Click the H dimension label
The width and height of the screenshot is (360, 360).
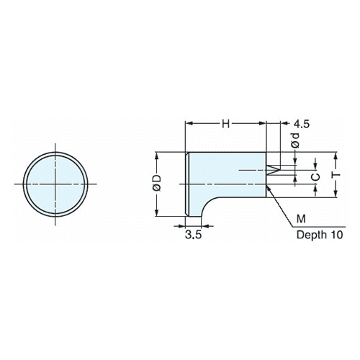pos(225,124)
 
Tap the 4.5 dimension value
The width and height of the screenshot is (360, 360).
pos(302,124)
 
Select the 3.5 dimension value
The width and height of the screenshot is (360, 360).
pos(194,235)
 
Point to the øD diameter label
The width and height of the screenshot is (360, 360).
pos(158,183)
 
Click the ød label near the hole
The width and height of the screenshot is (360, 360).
pos(295,140)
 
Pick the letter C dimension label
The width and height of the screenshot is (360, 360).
pos(316,177)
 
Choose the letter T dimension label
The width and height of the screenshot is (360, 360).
pos(337,174)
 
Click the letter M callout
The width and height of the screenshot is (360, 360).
pos(301,219)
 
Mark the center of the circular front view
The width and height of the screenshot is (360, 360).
pos(55,184)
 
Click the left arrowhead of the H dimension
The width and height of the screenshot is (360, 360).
pos(189,123)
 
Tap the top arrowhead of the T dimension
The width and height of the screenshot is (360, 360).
pos(336,156)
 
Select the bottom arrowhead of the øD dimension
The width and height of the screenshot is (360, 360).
pos(157,212)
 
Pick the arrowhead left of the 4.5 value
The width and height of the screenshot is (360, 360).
pos(284,123)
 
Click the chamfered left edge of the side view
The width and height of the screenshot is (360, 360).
pos(187,184)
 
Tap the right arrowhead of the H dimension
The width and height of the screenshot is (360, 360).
pos(262,123)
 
